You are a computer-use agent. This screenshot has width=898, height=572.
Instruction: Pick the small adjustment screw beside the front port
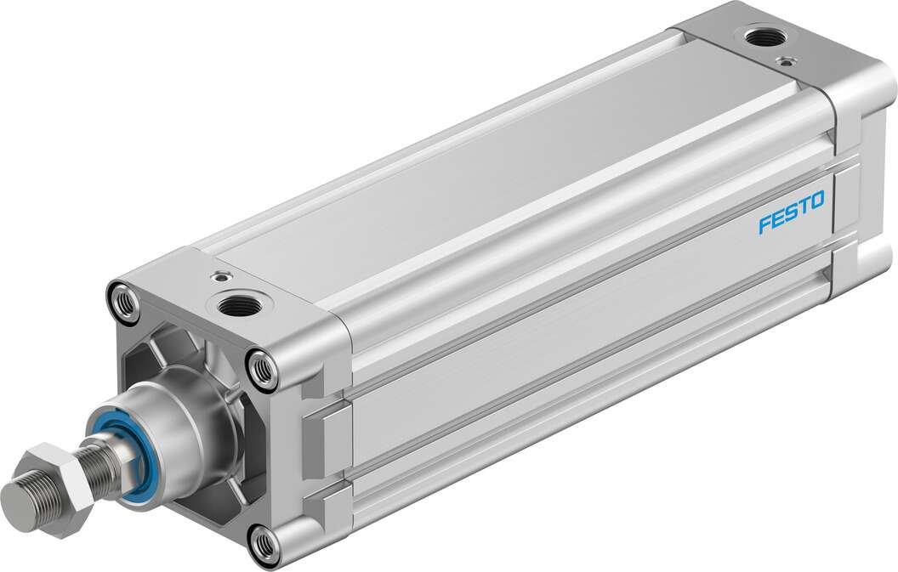coord(222,275)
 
